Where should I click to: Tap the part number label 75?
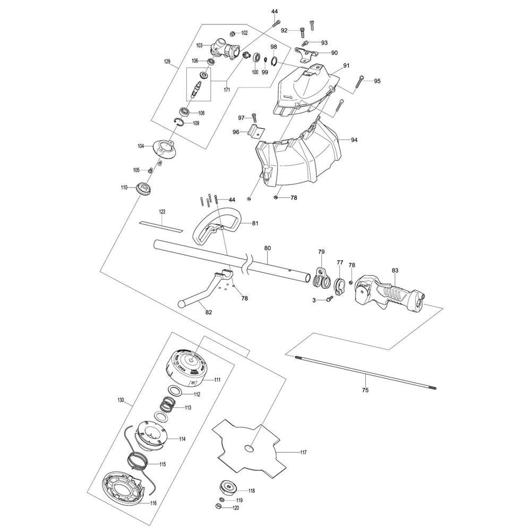click(x=365, y=390)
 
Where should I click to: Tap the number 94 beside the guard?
click(x=354, y=140)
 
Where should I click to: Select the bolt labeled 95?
click(x=360, y=80)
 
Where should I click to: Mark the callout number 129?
click(x=167, y=62)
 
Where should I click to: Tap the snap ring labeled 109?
click(x=181, y=123)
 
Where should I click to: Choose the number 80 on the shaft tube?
click(x=268, y=248)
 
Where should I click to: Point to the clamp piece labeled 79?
click(x=320, y=275)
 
